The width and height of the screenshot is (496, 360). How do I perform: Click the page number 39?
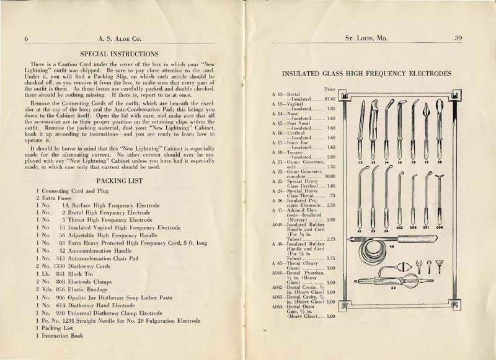coord(458,38)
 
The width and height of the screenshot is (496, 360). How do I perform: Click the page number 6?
coord(27,38)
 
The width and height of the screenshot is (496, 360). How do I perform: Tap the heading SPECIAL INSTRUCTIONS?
coord(124,55)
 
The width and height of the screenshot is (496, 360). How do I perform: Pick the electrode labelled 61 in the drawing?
coord(360,198)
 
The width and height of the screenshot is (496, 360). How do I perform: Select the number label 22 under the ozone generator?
coord(393,287)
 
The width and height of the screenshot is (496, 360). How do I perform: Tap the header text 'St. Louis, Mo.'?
coord(366,38)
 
